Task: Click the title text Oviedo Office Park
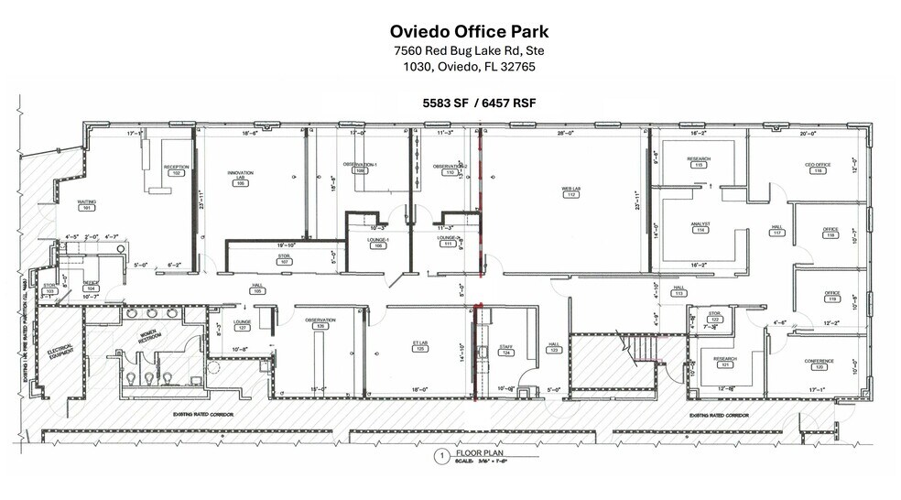click(450, 32)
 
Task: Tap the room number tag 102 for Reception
click(176, 173)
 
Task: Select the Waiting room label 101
click(87, 207)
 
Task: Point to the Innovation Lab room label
click(241, 177)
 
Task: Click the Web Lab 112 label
click(570, 192)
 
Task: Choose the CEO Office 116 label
click(818, 168)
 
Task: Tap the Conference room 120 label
click(819, 364)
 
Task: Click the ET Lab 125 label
click(420, 347)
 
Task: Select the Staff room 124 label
click(505, 351)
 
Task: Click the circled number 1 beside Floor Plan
click(440, 455)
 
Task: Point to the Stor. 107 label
click(285, 260)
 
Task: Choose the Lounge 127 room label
click(243, 324)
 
